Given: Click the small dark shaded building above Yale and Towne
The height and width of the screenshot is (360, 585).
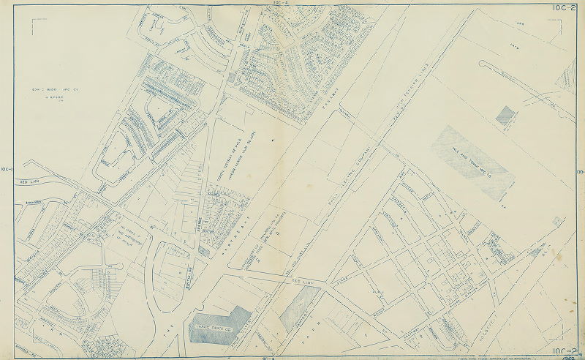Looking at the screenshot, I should coord(505,114).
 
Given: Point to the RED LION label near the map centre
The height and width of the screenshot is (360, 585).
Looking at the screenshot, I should coord(301,280).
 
